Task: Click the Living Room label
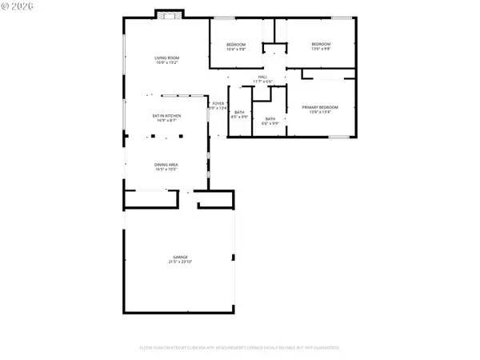point(167,57)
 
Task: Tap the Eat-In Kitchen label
point(167,115)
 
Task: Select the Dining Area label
point(166,165)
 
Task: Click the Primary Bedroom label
point(320,106)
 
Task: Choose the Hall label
point(263,77)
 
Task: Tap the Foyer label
point(218,104)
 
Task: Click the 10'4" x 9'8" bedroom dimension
point(236,49)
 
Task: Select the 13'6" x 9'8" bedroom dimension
point(321,49)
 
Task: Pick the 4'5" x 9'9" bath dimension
point(239,117)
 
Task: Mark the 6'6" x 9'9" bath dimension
point(270,123)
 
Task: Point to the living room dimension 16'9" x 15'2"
point(167,62)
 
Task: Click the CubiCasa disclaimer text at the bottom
point(240,348)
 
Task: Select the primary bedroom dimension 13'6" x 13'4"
point(320,111)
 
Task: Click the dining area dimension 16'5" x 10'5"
point(166,170)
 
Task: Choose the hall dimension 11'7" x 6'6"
point(263,82)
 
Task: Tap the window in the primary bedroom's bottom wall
point(339,137)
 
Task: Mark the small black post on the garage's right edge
point(234,258)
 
